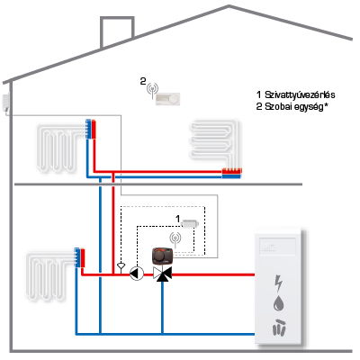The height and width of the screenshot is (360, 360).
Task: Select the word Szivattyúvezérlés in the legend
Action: [300, 94]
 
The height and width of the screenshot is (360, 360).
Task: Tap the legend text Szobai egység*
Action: [295, 106]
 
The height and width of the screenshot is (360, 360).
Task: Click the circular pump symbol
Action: [137, 274]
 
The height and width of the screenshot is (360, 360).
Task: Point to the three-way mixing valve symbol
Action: [162, 274]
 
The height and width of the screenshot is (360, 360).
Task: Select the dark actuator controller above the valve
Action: [162, 256]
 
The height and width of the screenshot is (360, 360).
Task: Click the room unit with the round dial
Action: [168, 99]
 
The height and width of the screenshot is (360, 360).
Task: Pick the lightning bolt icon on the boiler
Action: [279, 283]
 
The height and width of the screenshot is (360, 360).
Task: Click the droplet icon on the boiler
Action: [279, 303]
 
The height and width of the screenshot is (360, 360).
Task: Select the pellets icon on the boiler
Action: [279, 327]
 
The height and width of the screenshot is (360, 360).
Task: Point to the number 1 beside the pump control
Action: [177, 219]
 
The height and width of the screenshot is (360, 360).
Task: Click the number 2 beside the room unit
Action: [143, 81]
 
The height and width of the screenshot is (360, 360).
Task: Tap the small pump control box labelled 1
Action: [190, 223]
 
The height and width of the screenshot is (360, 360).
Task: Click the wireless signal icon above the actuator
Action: [175, 239]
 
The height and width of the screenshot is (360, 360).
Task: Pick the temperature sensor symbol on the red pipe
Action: [121, 267]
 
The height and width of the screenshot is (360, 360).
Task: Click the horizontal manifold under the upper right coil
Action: [231, 174]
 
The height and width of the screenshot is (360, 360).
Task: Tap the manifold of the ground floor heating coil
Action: [80, 257]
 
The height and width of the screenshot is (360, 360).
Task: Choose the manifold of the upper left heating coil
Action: [91, 129]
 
